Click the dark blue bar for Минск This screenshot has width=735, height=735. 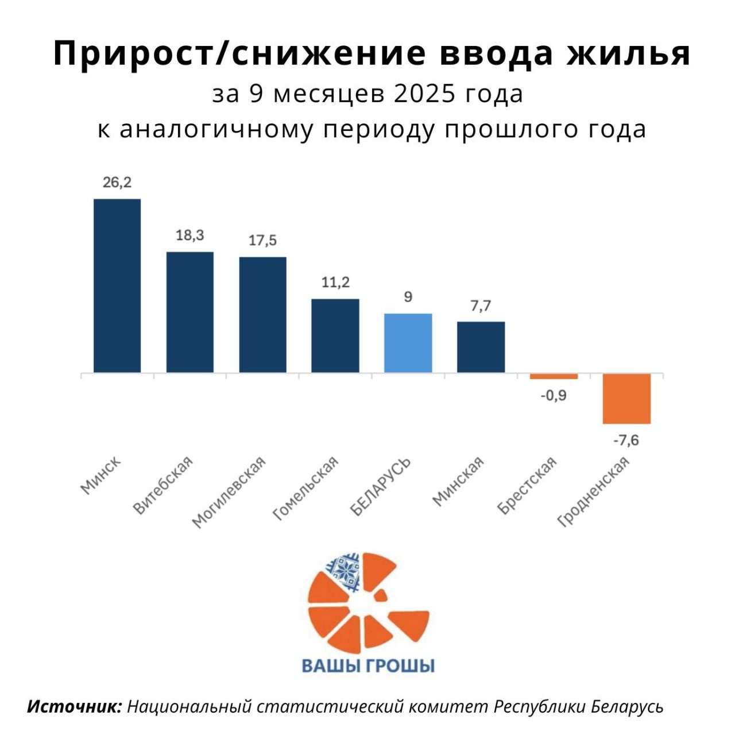[x=117, y=286]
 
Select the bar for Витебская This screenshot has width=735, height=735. [x=189, y=312]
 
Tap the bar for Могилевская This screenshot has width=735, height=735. [x=262, y=315]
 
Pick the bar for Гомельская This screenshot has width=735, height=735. [x=335, y=336]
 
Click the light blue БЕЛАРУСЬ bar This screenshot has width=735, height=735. [x=408, y=343]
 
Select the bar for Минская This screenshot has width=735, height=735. [x=481, y=347]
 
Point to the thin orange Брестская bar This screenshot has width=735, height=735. [x=554, y=376]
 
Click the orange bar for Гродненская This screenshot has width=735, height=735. [x=626, y=399]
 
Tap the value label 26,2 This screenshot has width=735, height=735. [x=117, y=183]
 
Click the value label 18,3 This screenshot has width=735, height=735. [x=189, y=235]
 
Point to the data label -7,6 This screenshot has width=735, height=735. [x=626, y=441]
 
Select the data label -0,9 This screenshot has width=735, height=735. [x=553, y=396]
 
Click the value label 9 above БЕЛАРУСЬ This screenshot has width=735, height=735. [x=408, y=297]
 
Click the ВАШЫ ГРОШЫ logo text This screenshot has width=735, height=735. [x=368, y=666]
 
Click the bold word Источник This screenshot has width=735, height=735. [x=75, y=706]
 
